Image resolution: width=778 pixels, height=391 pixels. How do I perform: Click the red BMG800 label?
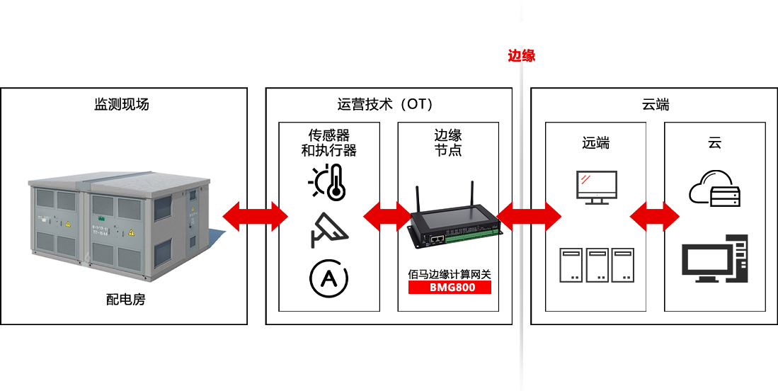[450, 288]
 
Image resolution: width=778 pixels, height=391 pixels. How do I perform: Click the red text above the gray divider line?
[521, 56]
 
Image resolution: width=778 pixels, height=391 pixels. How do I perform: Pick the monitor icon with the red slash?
[596, 186]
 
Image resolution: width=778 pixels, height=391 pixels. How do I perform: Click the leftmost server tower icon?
[571, 265]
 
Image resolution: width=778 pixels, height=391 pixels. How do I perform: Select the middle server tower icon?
[597, 265]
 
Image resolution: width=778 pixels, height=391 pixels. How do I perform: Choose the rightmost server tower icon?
[622, 265]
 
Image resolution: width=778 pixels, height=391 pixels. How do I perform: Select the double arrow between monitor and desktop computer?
[654, 217]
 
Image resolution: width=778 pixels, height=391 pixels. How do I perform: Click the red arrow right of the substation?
[256, 216]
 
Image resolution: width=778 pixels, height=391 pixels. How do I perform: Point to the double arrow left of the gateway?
[387, 216]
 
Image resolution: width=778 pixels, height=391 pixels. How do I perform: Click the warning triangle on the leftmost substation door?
[68, 223]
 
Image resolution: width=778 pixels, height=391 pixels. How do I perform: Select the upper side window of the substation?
[162, 208]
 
